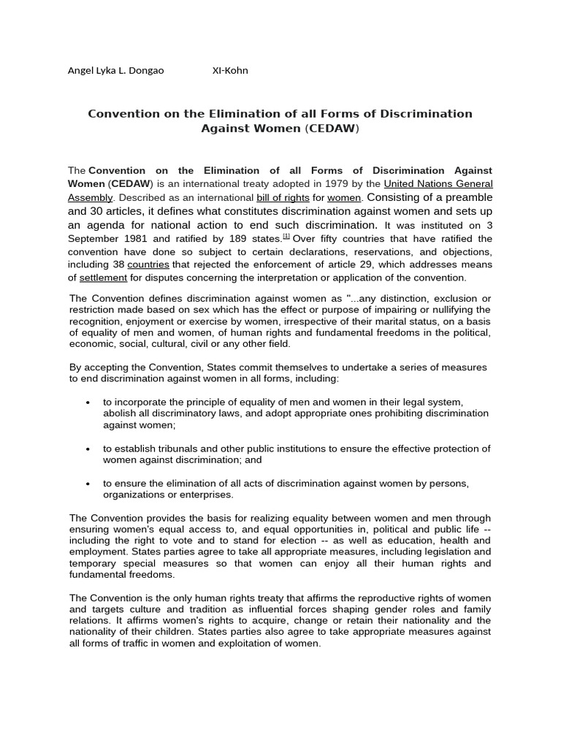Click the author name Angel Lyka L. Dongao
point(115,71)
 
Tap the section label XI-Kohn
point(230,71)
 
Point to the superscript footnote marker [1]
point(286,237)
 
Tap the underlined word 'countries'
point(148,264)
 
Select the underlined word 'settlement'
point(103,278)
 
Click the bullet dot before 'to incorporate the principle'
point(88,402)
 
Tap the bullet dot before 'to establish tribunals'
point(88,449)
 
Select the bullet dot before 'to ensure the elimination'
point(88,484)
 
